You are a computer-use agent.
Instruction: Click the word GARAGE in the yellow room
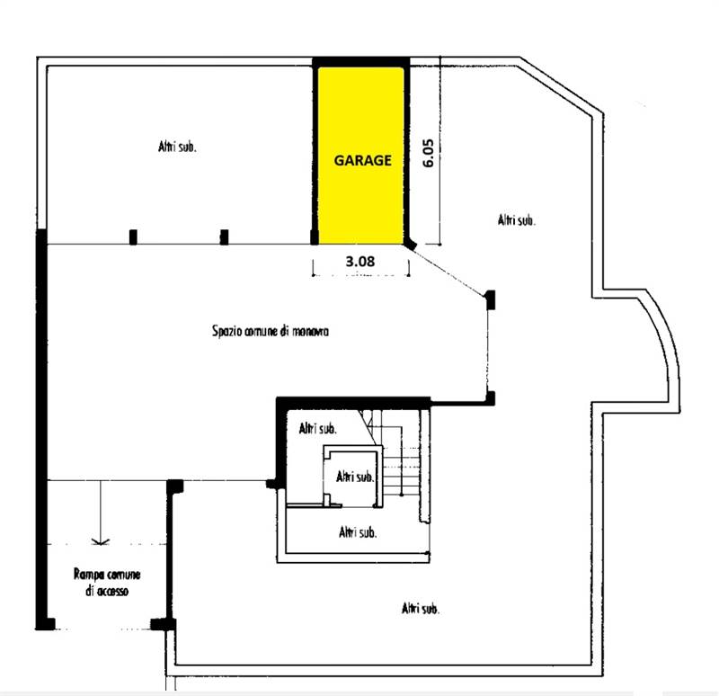pos(362,160)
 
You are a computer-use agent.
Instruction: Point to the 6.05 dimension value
pos(428,153)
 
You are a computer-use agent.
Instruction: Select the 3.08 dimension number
pos(360,262)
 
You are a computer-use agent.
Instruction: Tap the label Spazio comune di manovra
pos(271,331)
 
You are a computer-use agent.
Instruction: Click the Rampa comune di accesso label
pos(107,583)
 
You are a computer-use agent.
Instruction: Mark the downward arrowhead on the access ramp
pos(101,541)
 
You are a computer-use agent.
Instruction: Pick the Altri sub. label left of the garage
pos(177,147)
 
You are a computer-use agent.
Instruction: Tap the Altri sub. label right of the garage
pos(516,220)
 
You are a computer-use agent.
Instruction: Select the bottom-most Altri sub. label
pos(420,609)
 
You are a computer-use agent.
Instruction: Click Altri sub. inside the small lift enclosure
pos(354,477)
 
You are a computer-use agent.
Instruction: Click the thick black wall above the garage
pos(361,62)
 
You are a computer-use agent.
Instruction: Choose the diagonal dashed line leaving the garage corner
pos(449,271)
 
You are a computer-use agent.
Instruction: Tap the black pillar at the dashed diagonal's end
pos(491,299)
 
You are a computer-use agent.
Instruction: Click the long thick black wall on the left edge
pos(41,429)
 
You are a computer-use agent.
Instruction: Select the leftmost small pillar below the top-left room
pos(133,237)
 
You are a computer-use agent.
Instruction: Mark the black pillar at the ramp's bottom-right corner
pos(164,624)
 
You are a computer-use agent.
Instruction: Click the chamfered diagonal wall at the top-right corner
pos(561,87)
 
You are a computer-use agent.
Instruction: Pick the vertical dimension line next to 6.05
pos(439,151)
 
